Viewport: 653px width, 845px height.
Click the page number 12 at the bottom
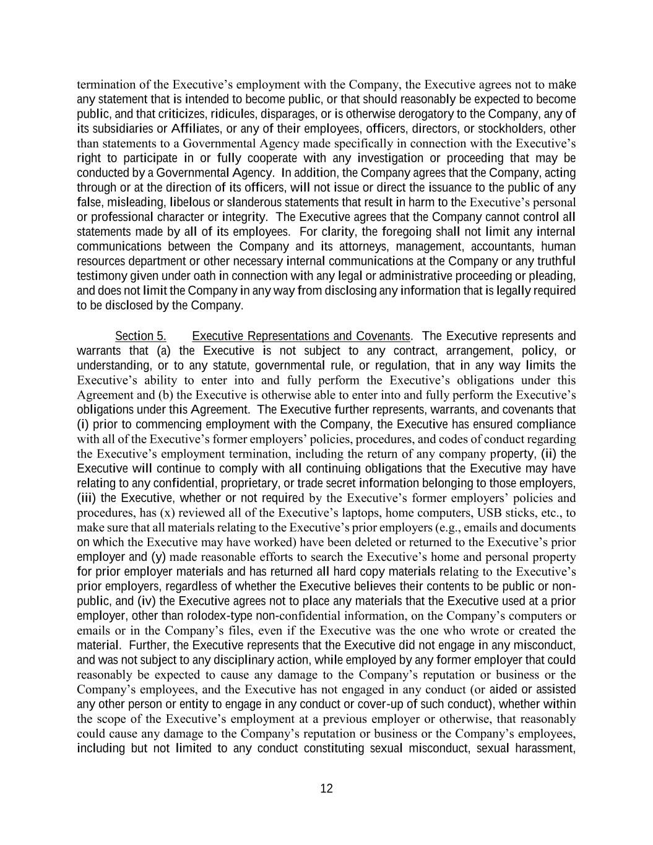click(326, 788)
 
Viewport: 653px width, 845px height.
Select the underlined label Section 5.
click(141, 336)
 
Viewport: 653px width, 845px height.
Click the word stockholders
click(512, 129)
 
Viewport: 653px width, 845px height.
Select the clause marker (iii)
click(87, 498)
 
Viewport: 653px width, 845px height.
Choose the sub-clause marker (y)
click(158, 557)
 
